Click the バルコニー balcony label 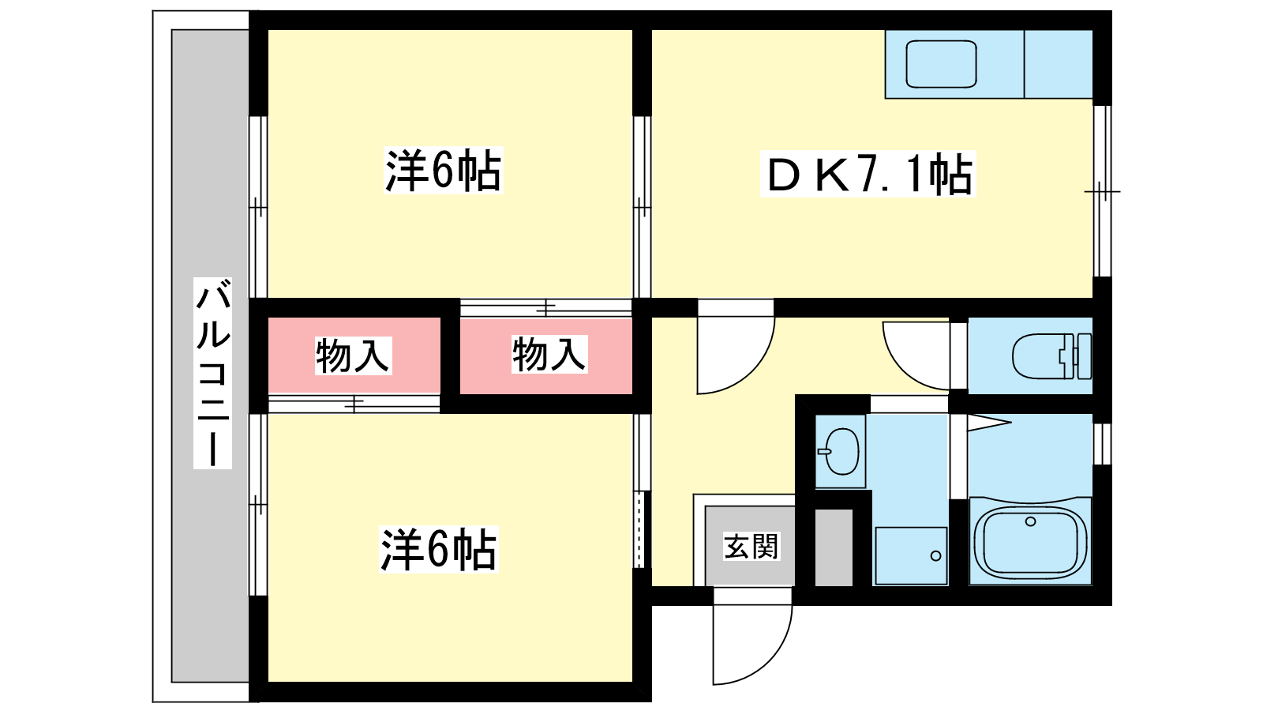click(212, 373)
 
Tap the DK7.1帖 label click(868, 174)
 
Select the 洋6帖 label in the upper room click(443, 170)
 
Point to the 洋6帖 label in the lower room click(438, 550)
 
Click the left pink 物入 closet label click(353, 355)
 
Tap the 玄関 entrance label click(751, 546)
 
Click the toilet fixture click(1050, 356)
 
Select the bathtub click(1030, 543)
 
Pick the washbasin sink click(841, 451)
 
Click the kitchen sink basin click(941, 64)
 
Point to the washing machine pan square click(911, 555)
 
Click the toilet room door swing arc click(916, 355)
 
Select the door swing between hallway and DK click(734, 352)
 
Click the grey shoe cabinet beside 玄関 click(834, 547)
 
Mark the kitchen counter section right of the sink click(1058, 64)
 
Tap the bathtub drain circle click(1030, 521)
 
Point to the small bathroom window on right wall click(1103, 444)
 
